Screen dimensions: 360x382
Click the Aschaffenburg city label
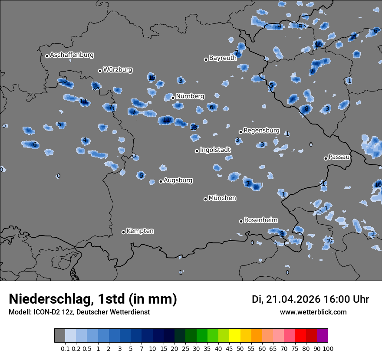tap(72, 55)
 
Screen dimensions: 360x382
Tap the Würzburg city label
tap(118, 70)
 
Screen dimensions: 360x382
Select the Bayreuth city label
tap(223, 58)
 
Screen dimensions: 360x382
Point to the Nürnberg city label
tap(190, 96)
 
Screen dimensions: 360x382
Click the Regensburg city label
tap(261, 131)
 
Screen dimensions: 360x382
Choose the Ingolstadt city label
tap(215, 150)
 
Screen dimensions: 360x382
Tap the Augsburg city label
tap(178, 180)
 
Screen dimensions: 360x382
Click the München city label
tap(222, 198)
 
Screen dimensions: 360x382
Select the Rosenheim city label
tap(261, 220)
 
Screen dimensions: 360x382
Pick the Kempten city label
tap(140, 231)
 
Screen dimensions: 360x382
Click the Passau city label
tap(339, 157)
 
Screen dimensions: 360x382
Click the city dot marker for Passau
tap(326, 158)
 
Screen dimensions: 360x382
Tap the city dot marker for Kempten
tap(123, 232)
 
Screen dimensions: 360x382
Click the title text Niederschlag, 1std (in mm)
tap(93, 299)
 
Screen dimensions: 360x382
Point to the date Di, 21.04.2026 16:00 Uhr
tap(310, 299)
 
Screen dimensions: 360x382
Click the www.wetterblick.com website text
tap(313, 312)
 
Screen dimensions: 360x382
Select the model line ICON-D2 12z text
tap(79, 312)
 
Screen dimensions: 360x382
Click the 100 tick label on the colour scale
tap(328, 348)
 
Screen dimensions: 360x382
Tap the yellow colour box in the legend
tap(234, 336)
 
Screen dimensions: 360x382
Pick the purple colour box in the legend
tap(323, 336)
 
